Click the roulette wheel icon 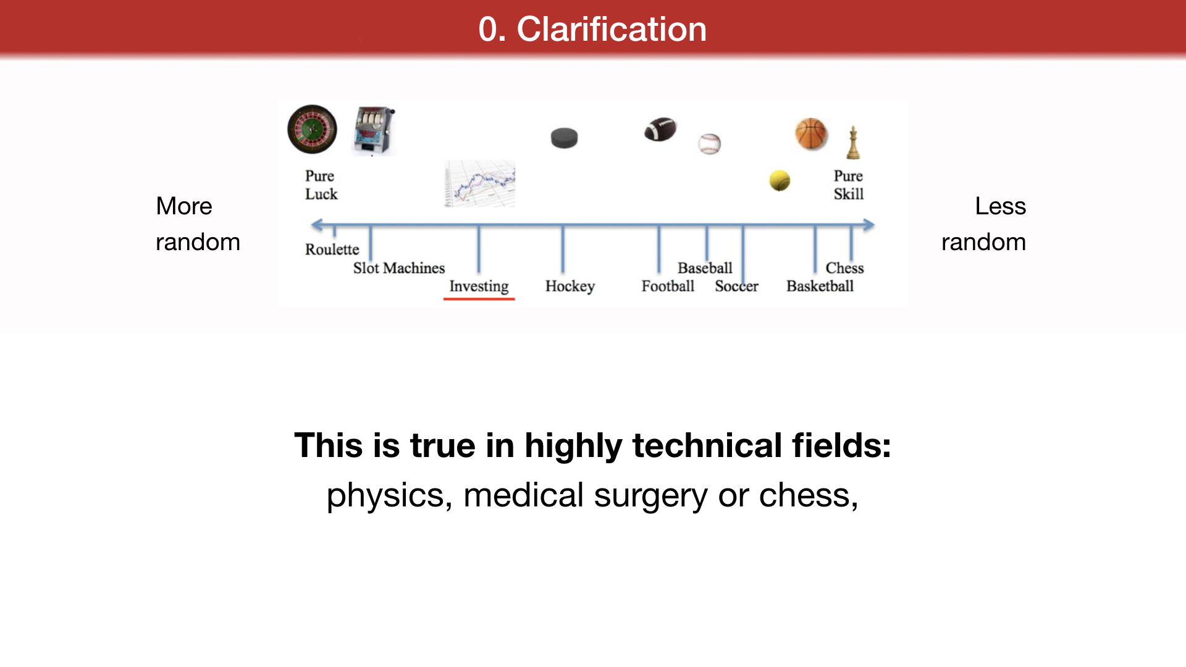pos(313,129)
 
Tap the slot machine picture pos(374,131)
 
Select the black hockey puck pos(564,138)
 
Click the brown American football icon pos(660,129)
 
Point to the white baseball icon pos(710,144)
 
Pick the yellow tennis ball pos(780,180)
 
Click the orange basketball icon pos(811,134)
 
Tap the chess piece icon pos(853,143)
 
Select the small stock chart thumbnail pos(479,183)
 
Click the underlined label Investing pos(479,287)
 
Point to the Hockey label pos(570,287)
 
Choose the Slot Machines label pos(399,268)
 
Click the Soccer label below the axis pos(736,286)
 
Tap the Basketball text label pos(820,286)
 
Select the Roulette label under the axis pos(332,250)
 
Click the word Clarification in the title pos(612,29)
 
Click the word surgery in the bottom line pos(651,496)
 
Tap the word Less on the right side pos(1000,206)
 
